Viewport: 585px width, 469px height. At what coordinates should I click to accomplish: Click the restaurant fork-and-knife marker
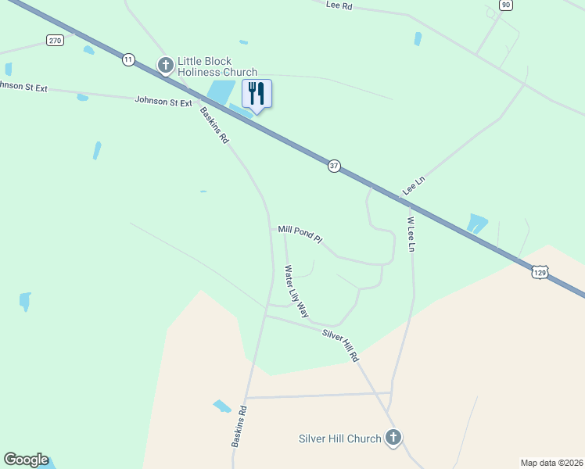pyautogui.click(x=257, y=95)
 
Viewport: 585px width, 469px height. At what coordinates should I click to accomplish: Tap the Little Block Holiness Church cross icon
pyautogui.click(x=165, y=65)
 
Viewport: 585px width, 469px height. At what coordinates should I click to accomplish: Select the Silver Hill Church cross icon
pyautogui.click(x=393, y=439)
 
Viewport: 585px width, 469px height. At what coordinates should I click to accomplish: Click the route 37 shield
pyautogui.click(x=334, y=166)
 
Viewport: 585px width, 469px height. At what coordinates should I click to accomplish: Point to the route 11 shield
pyautogui.click(x=128, y=59)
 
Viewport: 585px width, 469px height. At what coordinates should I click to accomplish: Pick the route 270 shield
pyautogui.click(x=54, y=40)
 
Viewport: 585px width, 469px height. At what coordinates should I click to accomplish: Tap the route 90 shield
pyautogui.click(x=506, y=5)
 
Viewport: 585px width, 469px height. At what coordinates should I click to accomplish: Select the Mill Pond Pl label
pyautogui.click(x=300, y=234)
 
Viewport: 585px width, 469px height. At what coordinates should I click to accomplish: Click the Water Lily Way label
pyautogui.click(x=296, y=291)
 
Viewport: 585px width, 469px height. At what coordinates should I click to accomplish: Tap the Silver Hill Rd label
pyautogui.click(x=340, y=345)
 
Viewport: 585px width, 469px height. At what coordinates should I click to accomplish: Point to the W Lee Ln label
pyautogui.click(x=409, y=234)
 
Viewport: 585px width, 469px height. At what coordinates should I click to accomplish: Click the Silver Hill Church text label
pyautogui.click(x=339, y=439)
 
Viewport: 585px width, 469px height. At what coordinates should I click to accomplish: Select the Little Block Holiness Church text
pyautogui.click(x=217, y=66)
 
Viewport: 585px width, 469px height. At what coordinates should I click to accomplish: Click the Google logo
pyautogui.click(x=26, y=460)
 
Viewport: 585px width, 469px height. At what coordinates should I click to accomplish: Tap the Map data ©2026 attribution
pyautogui.click(x=551, y=463)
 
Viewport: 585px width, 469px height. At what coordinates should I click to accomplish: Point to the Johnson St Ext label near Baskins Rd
pyautogui.click(x=163, y=102)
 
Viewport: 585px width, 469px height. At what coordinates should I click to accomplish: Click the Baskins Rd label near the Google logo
pyautogui.click(x=239, y=427)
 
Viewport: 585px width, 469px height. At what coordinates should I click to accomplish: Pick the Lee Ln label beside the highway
pyautogui.click(x=413, y=185)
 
